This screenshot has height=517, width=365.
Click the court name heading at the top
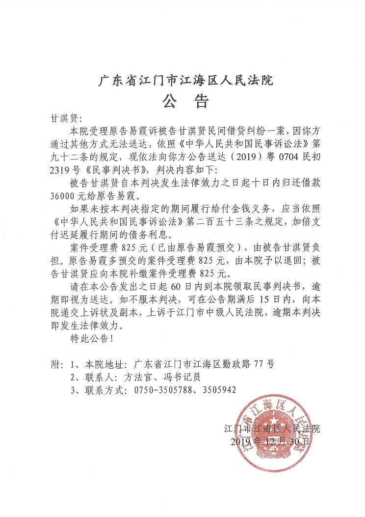click(x=182, y=80)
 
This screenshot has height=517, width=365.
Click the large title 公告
click(x=182, y=102)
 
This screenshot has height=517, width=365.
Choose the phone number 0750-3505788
click(x=160, y=391)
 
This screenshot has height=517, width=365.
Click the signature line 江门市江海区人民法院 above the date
click(x=271, y=429)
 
